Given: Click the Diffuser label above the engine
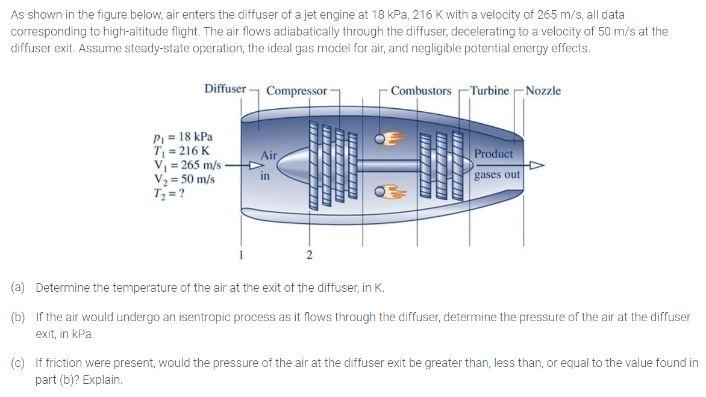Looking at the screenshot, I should [225, 89].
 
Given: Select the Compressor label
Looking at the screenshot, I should [296, 91].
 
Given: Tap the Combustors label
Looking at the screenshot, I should [420, 91].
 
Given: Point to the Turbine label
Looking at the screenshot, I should [489, 91].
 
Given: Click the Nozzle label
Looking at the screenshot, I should [543, 91].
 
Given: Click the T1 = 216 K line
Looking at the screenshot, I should [181, 150].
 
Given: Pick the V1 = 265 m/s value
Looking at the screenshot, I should [187, 164].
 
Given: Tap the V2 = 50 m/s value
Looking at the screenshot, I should [184, 179].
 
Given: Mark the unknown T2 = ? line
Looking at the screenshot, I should [169, 192].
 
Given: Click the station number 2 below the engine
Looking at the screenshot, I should [310, 256].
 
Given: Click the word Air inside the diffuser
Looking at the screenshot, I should [269, 155].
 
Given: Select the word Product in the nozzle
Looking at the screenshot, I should [494, 154].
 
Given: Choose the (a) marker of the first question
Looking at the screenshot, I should [18, 288].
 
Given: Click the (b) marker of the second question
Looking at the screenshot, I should [18, 317].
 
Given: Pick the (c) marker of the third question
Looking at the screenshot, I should [18, 363].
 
